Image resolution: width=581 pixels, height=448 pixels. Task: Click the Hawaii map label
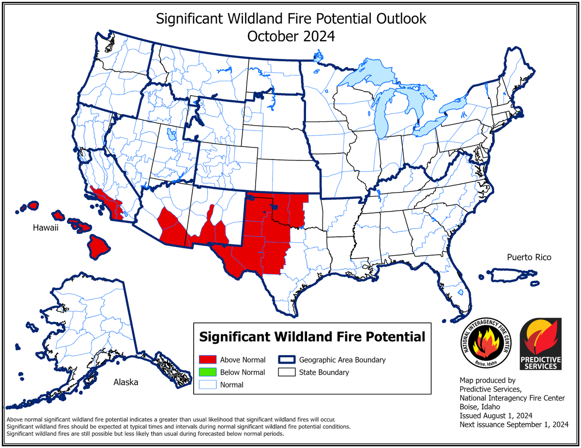(46, 227)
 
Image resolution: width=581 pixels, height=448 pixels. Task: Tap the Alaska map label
(126, 382)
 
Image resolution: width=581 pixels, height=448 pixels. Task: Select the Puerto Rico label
(529, 257)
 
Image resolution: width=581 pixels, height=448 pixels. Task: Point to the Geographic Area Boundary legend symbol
(287, 360)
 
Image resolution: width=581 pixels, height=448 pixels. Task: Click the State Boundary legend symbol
(287, 372)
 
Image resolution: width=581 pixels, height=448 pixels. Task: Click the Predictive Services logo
(540, 344)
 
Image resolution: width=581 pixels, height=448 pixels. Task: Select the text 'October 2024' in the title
(291, 36)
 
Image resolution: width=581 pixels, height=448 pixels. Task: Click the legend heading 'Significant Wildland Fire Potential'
(312, 336)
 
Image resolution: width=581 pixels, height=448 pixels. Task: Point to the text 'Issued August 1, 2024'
(496, 416)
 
